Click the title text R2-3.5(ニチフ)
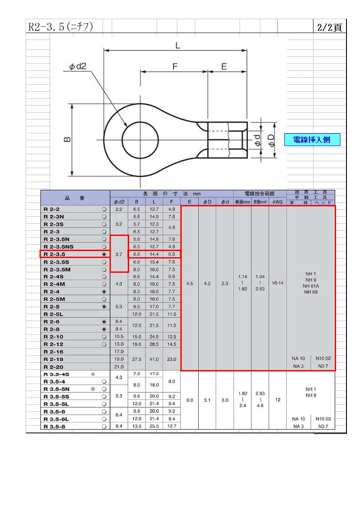[60, 26]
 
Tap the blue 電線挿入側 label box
[312, 140]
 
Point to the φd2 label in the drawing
[77, 66]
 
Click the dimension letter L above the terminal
[177, 46]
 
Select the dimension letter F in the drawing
[175, 67]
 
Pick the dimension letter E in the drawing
[224, 67]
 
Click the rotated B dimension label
[67, 139]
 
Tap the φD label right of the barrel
[271, 140]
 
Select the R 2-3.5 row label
[54, 254]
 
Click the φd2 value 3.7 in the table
[119, 254]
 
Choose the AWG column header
[277, 202]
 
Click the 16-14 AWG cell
[277, 283]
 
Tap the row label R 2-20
[53, 367]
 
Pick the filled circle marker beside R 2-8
[104, 329]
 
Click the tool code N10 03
[323, 419]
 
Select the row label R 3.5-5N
[57, 389]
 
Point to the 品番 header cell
[75, 198]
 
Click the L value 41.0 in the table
[154, 359]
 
